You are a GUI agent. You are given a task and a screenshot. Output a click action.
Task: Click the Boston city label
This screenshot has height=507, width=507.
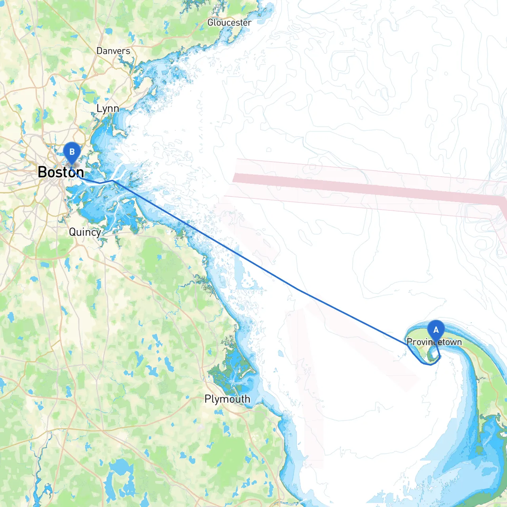pos(61,172)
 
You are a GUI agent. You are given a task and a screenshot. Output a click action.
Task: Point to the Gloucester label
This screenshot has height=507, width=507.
pos(229,23)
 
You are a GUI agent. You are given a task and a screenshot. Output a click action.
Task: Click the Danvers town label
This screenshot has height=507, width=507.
pos(113,51)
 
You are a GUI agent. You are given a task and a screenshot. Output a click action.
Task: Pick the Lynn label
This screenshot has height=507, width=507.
pos(108,109)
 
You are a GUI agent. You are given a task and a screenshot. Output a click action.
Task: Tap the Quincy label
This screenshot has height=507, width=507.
pos(85,232)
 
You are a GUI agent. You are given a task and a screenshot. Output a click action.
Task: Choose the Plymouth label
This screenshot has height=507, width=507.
pos(227,399)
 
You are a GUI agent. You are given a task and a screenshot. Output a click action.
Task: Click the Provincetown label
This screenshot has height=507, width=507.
pos(434,342)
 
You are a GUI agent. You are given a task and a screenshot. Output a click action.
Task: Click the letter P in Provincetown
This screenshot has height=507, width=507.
pos(410,342)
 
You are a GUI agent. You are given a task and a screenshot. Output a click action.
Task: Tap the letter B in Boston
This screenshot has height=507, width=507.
pos(42,172)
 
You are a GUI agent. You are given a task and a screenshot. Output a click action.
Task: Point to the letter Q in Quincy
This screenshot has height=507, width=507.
pos(72,232)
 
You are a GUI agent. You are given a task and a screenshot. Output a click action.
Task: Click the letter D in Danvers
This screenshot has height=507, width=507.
pos(99,51)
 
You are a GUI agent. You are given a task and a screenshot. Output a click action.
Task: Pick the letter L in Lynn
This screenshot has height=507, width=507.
pos(99,109)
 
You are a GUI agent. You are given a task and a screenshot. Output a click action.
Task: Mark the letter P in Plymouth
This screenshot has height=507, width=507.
pos(208,399)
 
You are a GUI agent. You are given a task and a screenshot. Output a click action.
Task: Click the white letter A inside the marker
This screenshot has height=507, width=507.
pos(436,330)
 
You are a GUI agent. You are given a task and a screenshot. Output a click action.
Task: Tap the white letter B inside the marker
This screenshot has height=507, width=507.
pos(72,151)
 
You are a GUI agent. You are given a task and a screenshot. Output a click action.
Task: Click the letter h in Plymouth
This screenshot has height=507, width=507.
pos(247,399)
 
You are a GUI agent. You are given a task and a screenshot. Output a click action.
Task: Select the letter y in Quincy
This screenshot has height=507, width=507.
pos(98,233)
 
